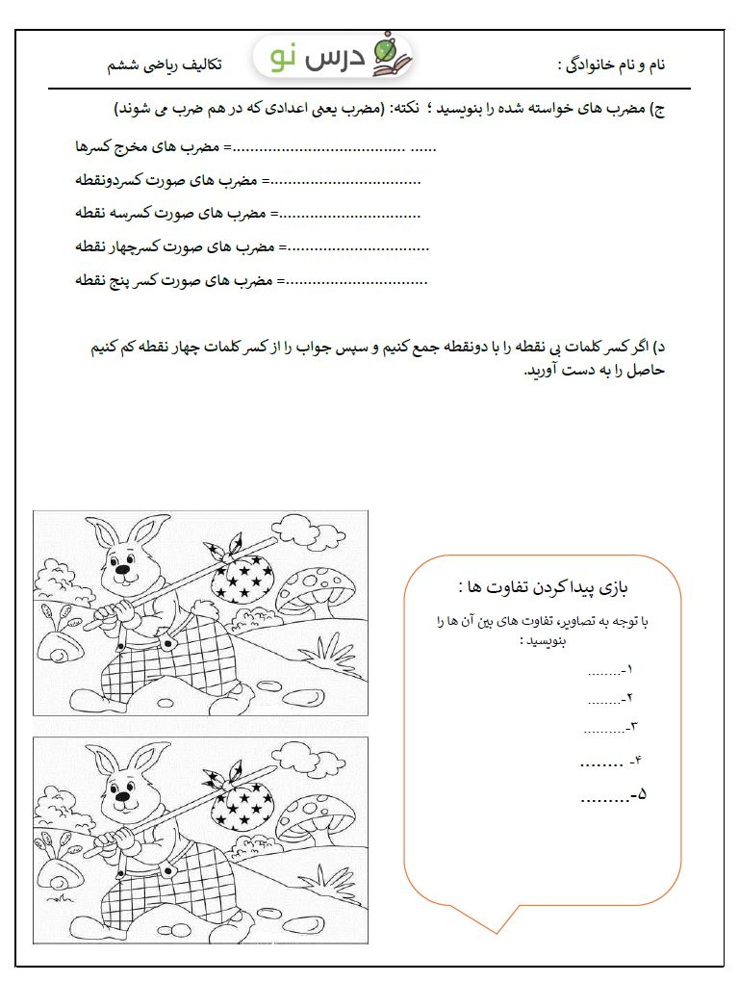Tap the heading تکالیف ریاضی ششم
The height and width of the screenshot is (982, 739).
click(x=164, y=65)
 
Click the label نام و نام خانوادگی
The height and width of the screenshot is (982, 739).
click(x=612, y=65)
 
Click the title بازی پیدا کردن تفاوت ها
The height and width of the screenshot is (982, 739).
click(x=545, y=586)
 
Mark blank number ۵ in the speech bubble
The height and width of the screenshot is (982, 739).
click(x=614, y=795)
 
